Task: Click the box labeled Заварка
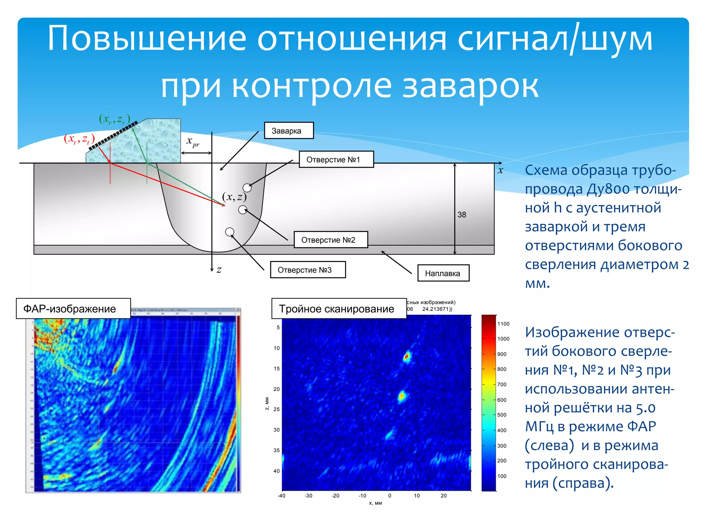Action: coord(289,131)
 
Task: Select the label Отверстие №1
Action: coord(336,159)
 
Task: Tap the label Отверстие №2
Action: coord(331,240)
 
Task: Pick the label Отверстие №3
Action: coord(307,270)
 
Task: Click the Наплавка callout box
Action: coord(443,273)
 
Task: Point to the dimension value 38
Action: coord(462,215)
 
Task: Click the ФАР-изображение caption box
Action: coord(73,308)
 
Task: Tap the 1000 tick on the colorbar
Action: coord(503,339)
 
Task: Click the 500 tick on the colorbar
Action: coord(502,415)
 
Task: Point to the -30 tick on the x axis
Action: coord(309,496)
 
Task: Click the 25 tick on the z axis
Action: coord(276,409)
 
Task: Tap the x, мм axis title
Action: coord(375,503)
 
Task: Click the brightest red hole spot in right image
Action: coord(407,356)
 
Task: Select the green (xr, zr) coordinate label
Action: coord(114,119)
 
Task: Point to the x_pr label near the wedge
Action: coord(193,141)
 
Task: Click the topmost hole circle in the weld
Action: coord(247,188)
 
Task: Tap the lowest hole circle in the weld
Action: coord(230,232)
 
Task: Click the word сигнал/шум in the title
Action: coord(555,39)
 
